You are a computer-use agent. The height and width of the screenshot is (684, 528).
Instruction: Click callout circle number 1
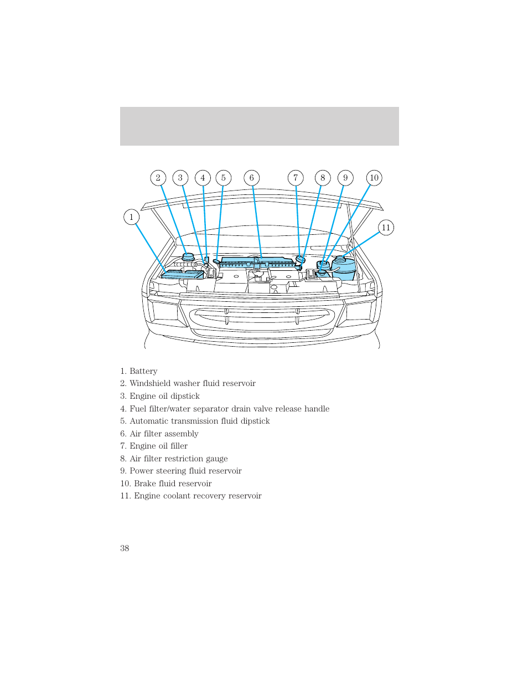pos(131,217)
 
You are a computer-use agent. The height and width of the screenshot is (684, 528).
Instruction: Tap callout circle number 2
pos(158,178)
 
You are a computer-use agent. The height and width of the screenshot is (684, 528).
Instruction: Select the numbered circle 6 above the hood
pos(252,178)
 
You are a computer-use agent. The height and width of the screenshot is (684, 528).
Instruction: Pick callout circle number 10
pos(374,178)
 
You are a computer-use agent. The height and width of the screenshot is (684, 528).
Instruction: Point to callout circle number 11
pos(386,228)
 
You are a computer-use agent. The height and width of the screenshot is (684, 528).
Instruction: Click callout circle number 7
pos(296,178)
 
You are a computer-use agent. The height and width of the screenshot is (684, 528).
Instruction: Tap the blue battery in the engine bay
pos(182,274)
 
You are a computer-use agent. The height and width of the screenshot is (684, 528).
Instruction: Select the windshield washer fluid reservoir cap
pos(188,257)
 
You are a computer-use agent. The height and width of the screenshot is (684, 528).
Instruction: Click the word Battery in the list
pos(143,371)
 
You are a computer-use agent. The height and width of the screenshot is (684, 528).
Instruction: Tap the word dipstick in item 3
pos(185,396)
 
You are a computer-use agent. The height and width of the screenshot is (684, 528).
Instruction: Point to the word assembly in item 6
pos(180,434)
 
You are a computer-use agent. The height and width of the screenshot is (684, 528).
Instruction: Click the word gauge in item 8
pos(216,459)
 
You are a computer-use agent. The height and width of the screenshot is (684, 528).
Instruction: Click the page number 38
pos(125,548)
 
